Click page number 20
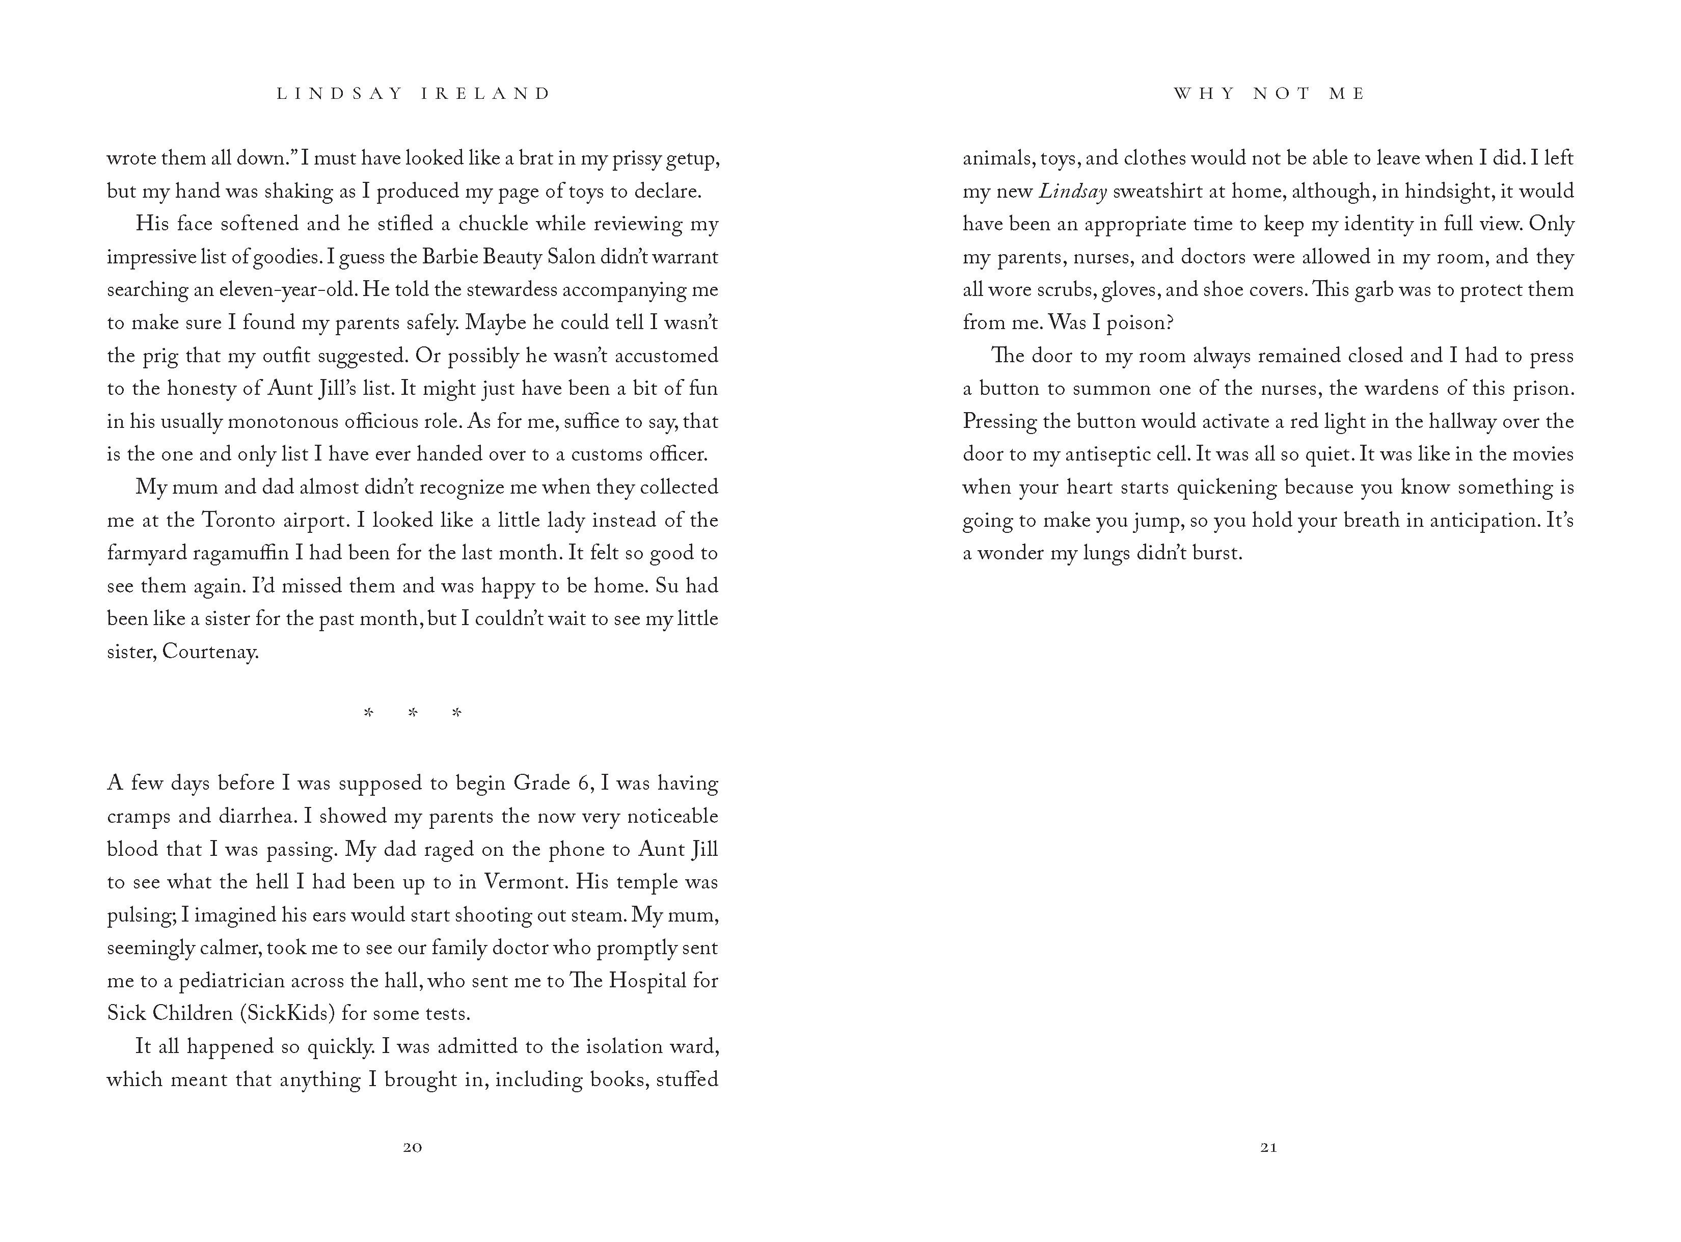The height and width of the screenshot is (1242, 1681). [x=413, y=1147]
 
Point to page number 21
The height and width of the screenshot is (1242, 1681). [x=1268, y=1147]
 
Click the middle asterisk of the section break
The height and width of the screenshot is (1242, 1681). [x=413, y=713]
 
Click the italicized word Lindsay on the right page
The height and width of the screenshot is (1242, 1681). [x=1073, y=192]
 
